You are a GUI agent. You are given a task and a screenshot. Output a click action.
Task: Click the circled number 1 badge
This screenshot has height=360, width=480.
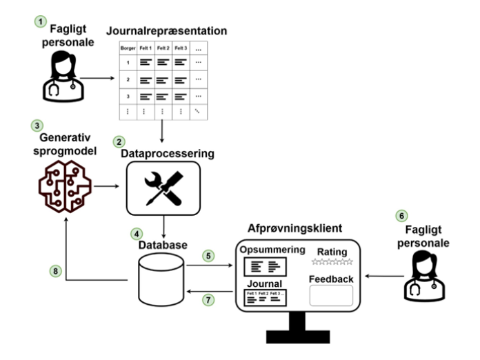click(x=42, y=21)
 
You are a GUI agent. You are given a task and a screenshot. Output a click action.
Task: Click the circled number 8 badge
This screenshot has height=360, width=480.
click(x=55, y=271)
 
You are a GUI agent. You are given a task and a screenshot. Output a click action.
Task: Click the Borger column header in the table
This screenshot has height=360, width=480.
click(x=128, y=48)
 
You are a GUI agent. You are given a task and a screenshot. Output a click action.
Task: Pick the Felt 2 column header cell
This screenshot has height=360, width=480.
click(x=163, y=48)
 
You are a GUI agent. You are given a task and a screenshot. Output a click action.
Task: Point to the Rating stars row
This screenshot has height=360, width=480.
click(x=332, y=262)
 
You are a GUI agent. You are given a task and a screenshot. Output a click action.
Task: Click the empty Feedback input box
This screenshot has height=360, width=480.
click(x=332, y=295)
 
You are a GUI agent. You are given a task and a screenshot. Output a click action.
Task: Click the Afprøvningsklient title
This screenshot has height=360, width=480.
click(x=297, y=228)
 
